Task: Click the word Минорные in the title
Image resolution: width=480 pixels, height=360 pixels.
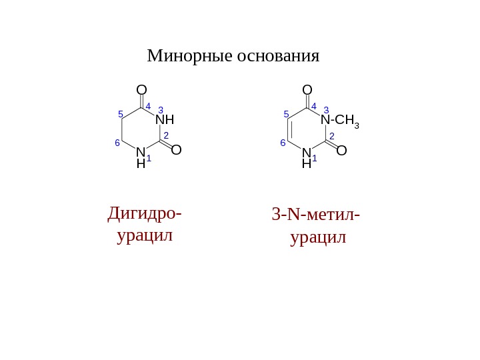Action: (189, 56)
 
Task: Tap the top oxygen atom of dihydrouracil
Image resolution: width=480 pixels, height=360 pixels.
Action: (141, 89)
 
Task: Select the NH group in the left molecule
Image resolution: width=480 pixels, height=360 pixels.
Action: (164, 121)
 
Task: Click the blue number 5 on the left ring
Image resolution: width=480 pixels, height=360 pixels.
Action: (121, 114)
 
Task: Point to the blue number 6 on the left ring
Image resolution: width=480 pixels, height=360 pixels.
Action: (117, 143)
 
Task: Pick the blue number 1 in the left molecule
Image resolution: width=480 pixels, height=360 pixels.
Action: (149, 159)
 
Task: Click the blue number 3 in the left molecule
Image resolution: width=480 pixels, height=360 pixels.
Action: (161, 109)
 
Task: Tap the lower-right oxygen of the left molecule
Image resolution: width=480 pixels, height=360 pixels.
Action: (176, 151)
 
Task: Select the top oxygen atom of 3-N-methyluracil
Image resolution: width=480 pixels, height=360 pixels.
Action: (307, 89)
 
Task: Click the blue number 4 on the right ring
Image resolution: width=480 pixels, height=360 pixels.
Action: (313, 105)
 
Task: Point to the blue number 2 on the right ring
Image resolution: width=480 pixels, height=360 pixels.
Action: (331, 135)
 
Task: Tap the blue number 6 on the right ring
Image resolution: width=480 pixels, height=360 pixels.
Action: (283, 143)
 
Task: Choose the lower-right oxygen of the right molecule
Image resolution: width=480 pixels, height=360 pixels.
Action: (341, 151)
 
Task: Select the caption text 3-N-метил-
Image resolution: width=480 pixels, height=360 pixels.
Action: (315, 215)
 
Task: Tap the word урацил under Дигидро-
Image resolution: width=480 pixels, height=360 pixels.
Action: (145, 235)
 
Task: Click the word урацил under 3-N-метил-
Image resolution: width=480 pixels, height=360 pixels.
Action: (319, 237)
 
